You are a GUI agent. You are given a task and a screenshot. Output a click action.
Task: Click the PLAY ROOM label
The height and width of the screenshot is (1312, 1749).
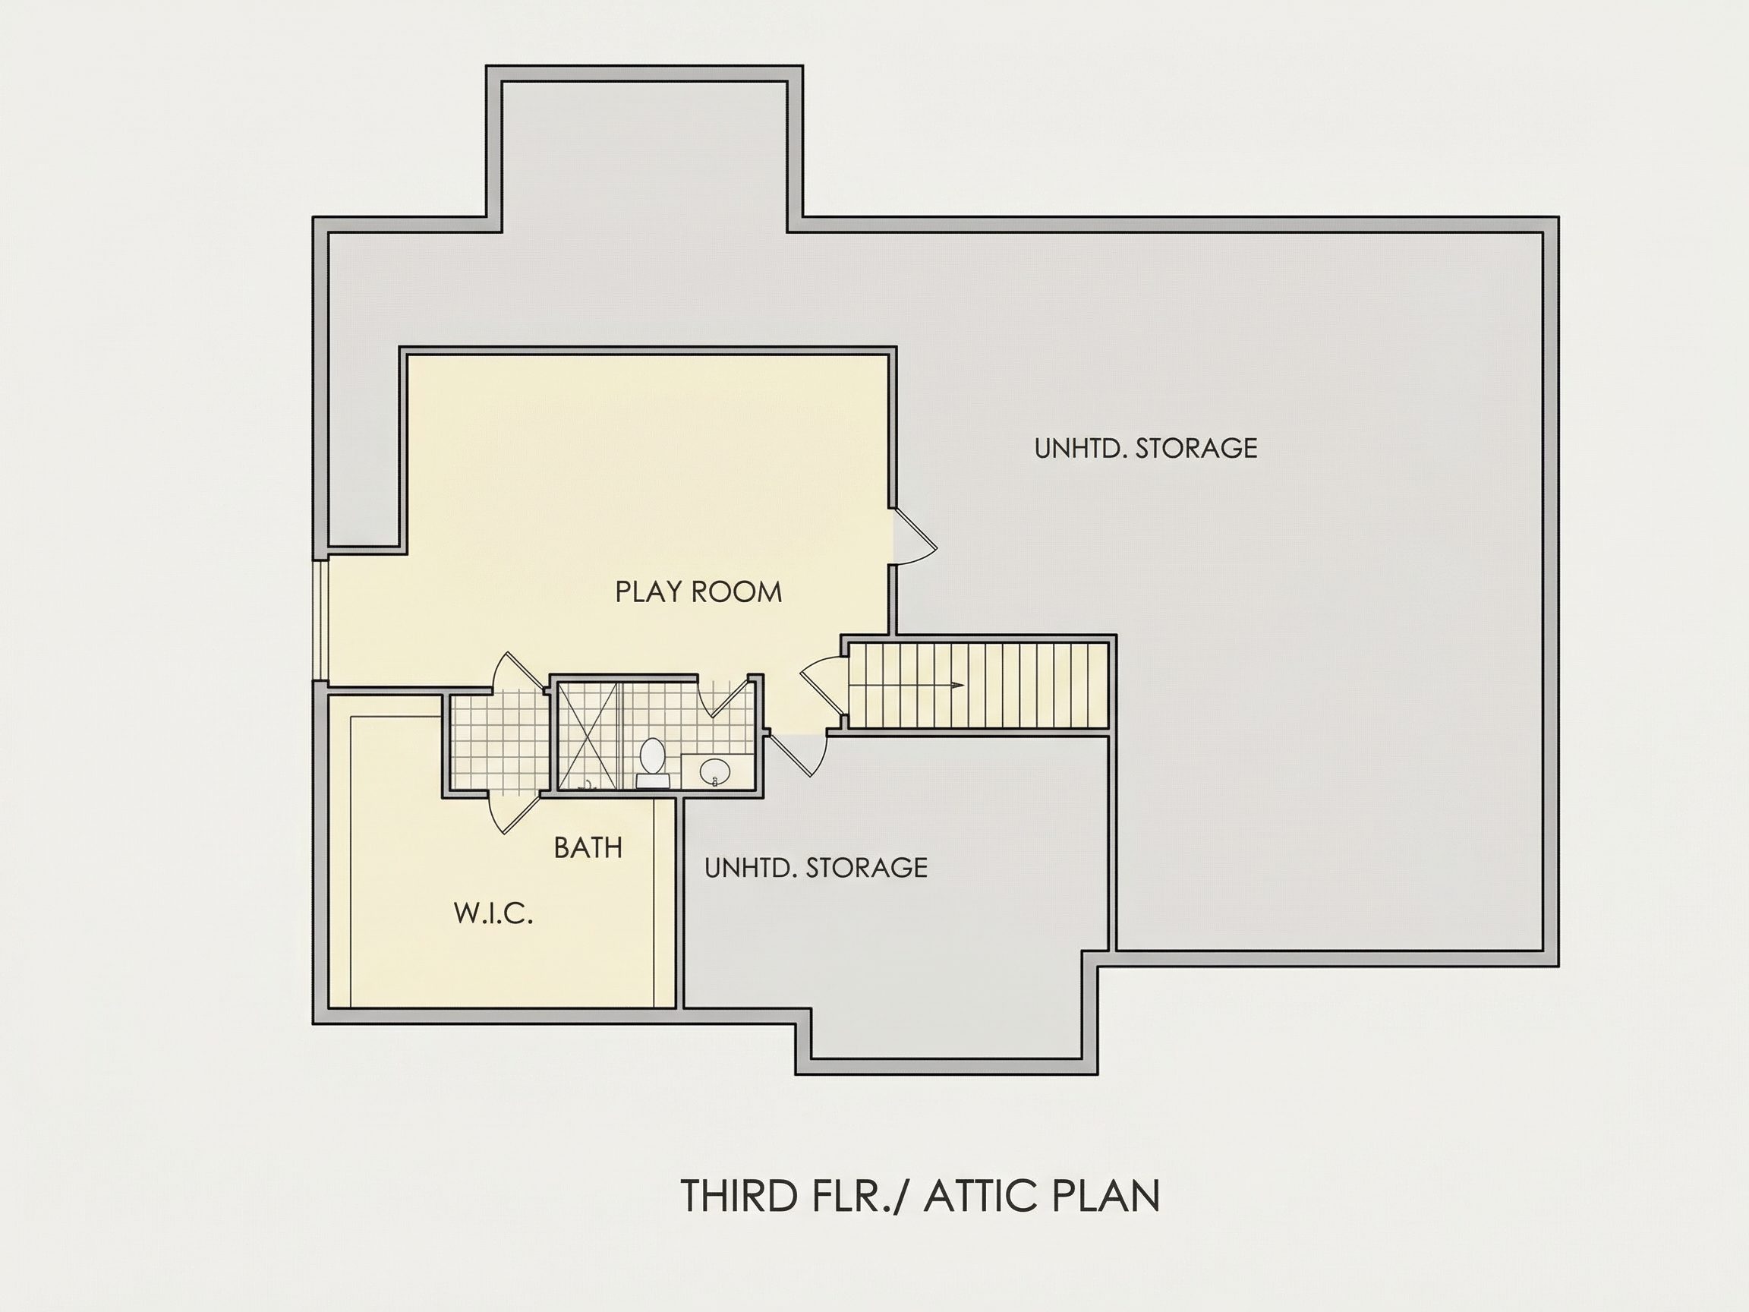coord(698,592)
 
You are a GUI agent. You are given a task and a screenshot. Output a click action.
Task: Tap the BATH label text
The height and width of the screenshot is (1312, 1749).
coord(588,848)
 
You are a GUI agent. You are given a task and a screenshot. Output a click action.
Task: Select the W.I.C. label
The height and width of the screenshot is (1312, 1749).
coord(493,913)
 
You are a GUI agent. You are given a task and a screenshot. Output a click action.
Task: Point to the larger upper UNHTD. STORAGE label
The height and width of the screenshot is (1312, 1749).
coord(1146,449)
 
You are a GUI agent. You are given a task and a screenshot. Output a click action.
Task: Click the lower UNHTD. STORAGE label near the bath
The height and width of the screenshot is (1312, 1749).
coord(815,868)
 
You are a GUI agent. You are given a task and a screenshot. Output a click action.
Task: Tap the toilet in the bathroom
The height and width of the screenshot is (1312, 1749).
coord(653,762)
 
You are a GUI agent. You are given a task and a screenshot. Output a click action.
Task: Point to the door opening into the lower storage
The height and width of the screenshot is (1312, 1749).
coord(799,755)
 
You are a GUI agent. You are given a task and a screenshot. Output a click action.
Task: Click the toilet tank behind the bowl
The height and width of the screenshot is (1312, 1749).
coord(653,781)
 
